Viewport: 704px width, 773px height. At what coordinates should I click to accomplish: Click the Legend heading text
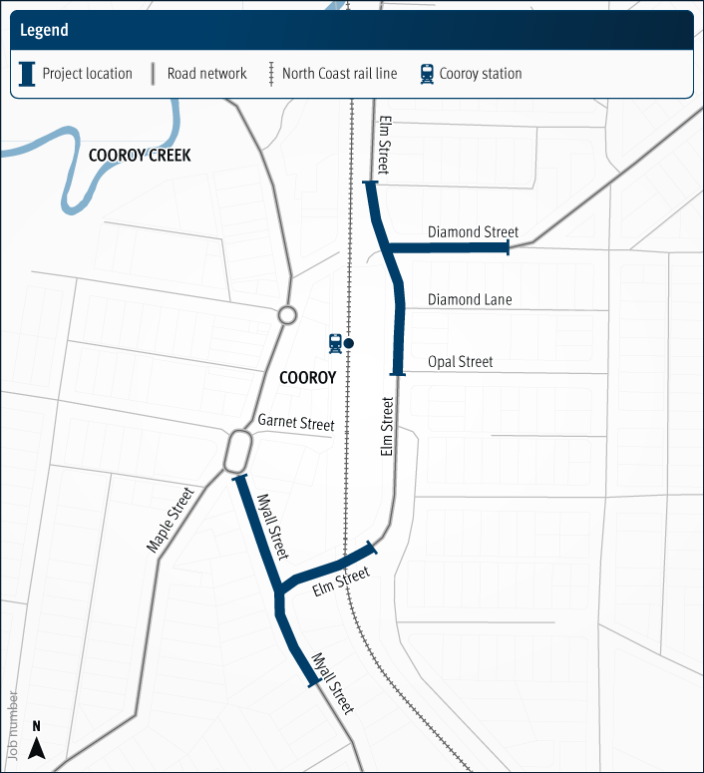tap(44, 30)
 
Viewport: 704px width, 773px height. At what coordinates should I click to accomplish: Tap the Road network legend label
tap(206, 74)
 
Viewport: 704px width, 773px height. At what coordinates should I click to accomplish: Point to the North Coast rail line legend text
tap(339, 74)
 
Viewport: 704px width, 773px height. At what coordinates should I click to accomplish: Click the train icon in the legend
tap(427, 74)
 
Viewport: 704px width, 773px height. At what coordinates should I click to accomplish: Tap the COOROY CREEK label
tap(140, 156)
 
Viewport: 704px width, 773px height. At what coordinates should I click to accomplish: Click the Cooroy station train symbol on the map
tap(336, 343)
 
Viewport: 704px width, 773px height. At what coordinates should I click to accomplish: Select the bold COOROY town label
tap(307, 378)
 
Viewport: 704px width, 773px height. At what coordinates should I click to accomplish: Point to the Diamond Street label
tap(473, 232)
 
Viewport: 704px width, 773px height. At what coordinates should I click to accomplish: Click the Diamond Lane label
tap(469, 299)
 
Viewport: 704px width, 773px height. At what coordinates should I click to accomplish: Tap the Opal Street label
tap(460, 362)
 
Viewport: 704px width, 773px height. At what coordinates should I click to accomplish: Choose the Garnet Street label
tap(295, 423)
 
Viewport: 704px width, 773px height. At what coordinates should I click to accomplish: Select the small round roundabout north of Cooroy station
tap(287, 315)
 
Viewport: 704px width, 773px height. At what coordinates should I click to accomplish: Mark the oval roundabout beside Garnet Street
tap(237, 451)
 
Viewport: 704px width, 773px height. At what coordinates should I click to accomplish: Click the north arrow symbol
tap(37, 742)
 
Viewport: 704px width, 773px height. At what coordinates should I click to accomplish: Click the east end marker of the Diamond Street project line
tap(508, 247)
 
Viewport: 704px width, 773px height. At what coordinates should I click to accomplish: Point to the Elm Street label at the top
tap(384, 146)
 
